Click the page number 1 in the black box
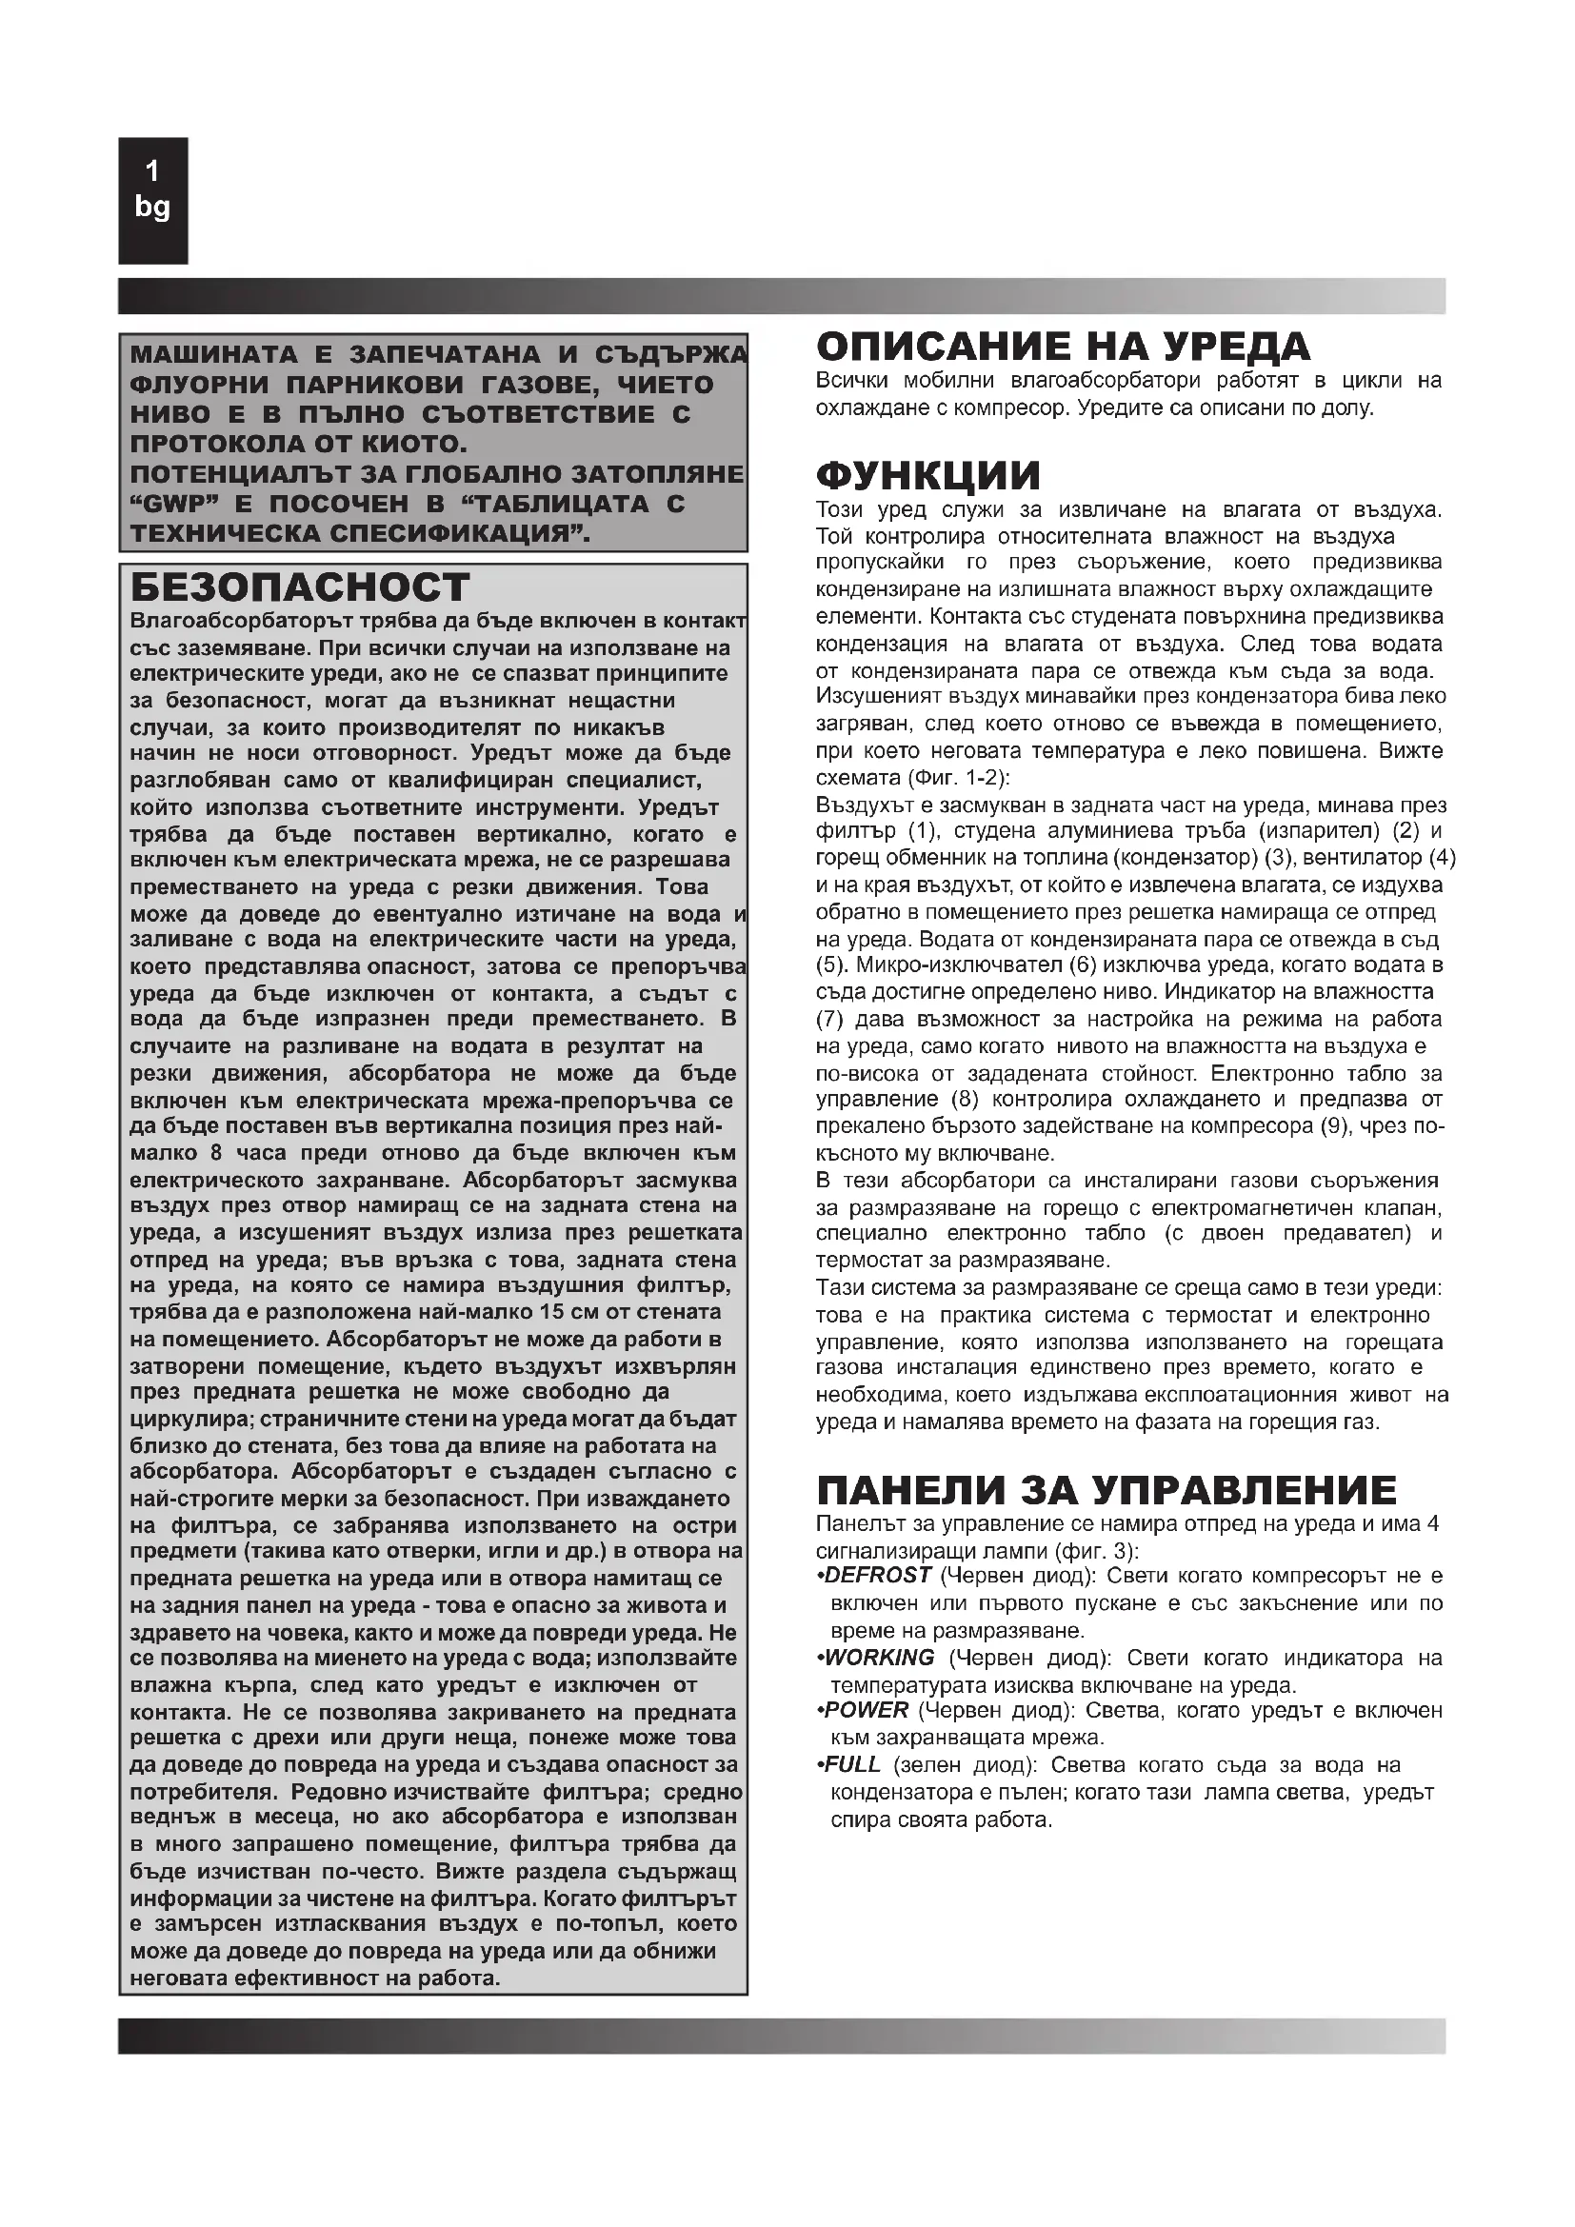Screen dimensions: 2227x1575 point(152,172)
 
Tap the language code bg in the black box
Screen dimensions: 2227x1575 point(152,207)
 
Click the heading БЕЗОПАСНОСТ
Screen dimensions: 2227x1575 point(300,587)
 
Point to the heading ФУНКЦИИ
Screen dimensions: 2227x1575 point(928,476)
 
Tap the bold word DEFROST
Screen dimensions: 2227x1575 point(878,1576)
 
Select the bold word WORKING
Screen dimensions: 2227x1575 point(880,1658)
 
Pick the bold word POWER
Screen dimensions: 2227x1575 point(866,1710)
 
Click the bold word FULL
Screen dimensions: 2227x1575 point(852,1764)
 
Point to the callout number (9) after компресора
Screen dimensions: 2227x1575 point(1331,1126)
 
